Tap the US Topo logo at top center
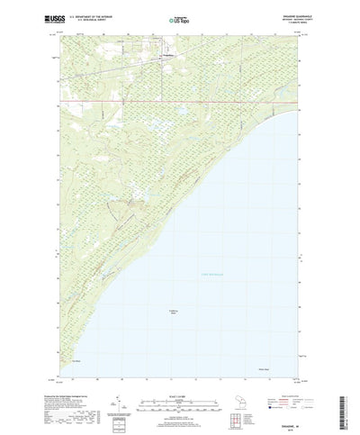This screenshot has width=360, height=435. pyautogui.click(x=179, y=18)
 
